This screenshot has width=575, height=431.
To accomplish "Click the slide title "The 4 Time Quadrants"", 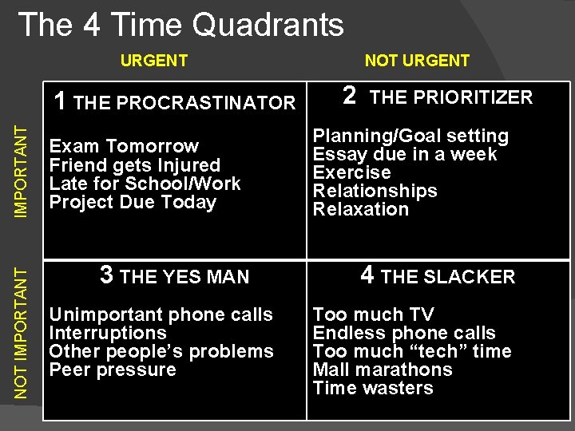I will (180, 26).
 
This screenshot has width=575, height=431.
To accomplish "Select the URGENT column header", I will (153, 61).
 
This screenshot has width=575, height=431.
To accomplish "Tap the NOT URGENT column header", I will (417, 61).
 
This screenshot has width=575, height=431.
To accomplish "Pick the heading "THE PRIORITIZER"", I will (451, 97).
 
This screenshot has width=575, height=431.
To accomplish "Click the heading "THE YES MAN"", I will (184, 277).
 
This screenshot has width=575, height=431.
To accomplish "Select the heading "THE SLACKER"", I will (448, 277).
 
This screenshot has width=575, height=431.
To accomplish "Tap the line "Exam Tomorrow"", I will (124, 146).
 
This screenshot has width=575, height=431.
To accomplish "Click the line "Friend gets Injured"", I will (134, 165).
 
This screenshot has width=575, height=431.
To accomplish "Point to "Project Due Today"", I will (133, 202).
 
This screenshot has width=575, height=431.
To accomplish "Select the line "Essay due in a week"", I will (405, 154).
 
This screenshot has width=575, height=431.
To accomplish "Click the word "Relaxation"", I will (360, 209).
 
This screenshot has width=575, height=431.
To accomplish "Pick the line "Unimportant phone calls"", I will (161, 314).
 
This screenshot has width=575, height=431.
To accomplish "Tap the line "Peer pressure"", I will (113, 370).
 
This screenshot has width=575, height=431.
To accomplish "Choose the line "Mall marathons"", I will (382, 370).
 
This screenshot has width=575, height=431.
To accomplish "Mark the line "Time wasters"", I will (372, 388).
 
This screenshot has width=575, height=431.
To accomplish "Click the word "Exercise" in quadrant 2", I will (351, 172).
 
